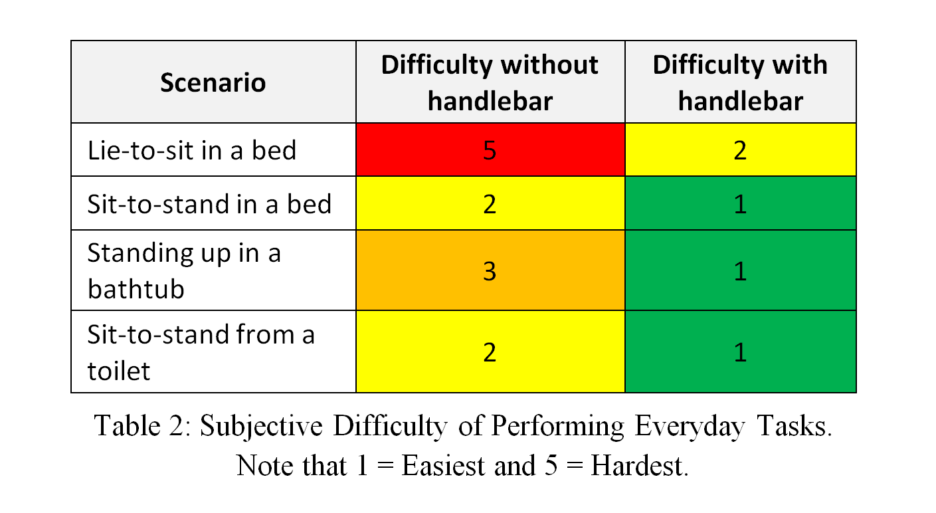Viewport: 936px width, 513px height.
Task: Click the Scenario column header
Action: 213,82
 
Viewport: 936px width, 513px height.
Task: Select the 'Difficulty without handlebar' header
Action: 490,82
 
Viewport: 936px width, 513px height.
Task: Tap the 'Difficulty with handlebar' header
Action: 740,82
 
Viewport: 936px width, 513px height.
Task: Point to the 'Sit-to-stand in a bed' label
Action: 209,203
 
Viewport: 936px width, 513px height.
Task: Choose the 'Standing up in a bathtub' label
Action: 184,270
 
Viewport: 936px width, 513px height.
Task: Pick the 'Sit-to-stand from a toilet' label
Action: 201,352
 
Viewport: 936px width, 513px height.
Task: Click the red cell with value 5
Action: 490,150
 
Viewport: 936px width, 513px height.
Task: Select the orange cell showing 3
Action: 490,270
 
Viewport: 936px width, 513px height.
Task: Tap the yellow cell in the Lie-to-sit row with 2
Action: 741,150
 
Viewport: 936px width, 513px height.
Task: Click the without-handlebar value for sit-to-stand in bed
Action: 490,203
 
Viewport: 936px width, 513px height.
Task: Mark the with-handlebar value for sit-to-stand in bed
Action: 741,203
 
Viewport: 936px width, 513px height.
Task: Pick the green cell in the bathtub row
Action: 741,270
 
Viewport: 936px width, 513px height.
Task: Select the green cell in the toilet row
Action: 741,352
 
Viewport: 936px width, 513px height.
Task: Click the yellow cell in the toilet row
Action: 490,352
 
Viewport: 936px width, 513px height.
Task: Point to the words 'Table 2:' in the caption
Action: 142,426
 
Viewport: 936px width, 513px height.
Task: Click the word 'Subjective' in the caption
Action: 261,427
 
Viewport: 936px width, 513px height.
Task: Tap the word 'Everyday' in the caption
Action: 690,427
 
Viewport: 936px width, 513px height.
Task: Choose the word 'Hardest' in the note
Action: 639,465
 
